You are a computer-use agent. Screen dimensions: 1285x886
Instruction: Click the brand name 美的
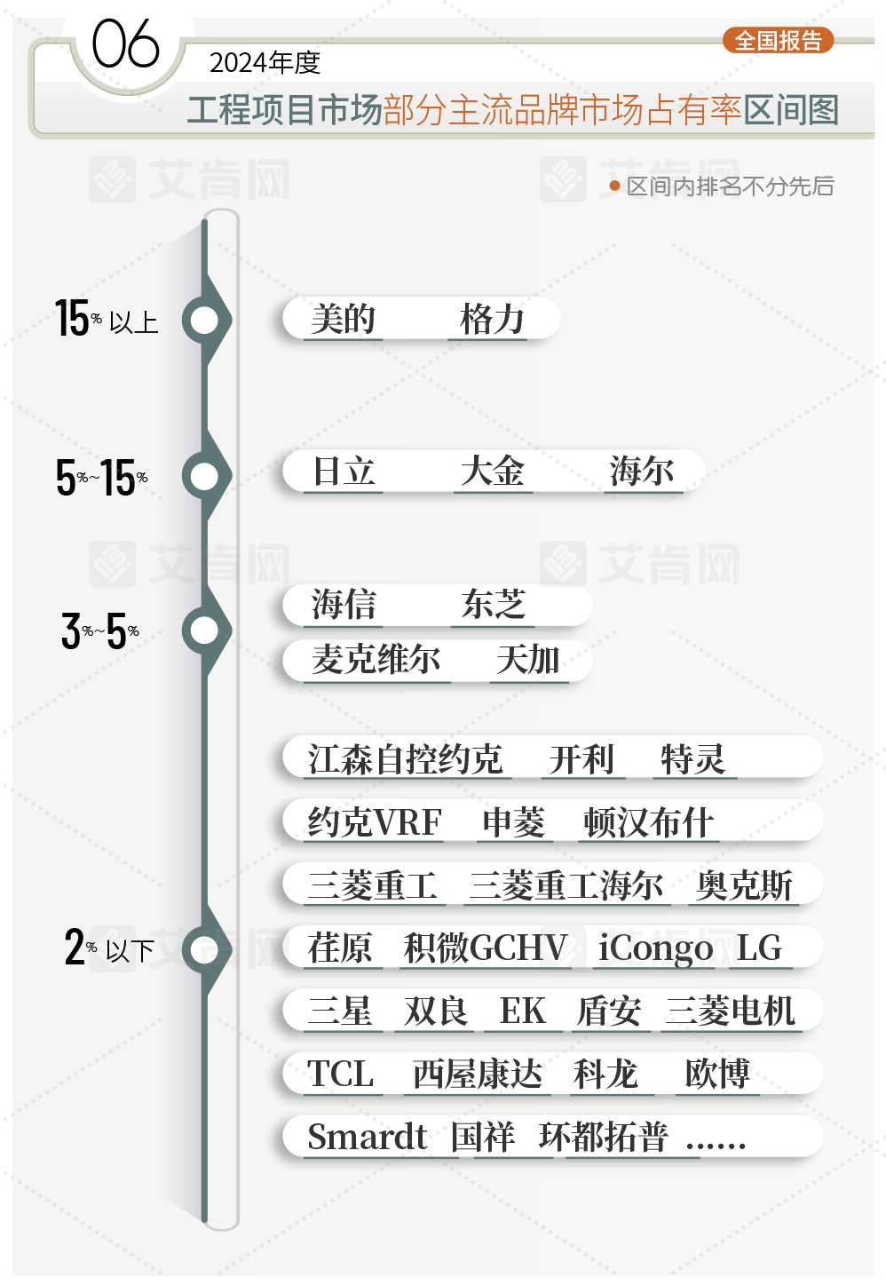pyautogui.click(x=344, y=319)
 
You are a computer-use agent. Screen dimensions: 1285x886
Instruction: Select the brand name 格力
pyautogui.click(x=493, y=319)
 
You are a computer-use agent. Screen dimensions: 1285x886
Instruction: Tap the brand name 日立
pyautogui.click(x=344, y=472)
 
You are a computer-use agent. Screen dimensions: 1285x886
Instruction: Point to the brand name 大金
pyautogui.click(x=493, y=472)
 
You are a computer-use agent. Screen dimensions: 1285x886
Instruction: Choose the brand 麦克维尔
pyautogui.click(x=376, y=660)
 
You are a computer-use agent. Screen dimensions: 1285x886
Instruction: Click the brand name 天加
pyautogui.click(x=528, y=660)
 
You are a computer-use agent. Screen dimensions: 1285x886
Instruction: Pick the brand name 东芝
pyautogui.click(x=494, y=605)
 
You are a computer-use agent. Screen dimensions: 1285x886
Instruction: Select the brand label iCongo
pyautogui.click(x=655, y=948)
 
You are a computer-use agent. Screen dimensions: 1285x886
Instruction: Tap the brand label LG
pyautogui.click(x=760, y=948)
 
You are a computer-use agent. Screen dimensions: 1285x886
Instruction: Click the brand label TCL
pyautogui.click(x=341, y=1075)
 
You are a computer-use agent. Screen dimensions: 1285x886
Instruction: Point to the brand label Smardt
pyautogui.click(x=368, y=1138)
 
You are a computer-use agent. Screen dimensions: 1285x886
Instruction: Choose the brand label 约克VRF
pyautogui.click(x=375, y=822)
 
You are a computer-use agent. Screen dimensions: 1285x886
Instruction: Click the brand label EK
pyautogui.click(x=523, y=1011)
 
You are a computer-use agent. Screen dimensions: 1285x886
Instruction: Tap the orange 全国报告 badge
pyautogui.click(x=779, y=41)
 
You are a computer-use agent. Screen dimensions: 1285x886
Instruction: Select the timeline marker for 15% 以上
pyautogui.click(x=205, y=321)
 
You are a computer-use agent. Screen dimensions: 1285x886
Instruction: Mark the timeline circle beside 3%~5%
pyautogui.click(x=205, y=631)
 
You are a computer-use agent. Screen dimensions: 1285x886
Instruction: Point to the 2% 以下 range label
pyautogui.click(x=109, y=948)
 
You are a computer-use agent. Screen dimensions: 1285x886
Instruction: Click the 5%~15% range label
pyautogui.click(x=101, y=478)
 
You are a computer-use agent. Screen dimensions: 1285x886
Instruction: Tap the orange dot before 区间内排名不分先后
pyautogui.click(x=614, y=186)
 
